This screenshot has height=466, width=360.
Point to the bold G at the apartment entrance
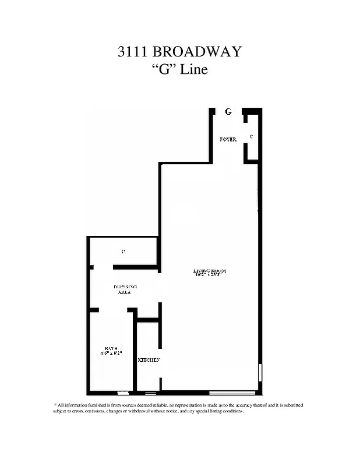coord(228,111)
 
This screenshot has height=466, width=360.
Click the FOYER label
coord(228,140)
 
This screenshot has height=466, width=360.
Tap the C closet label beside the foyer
coord(251,136)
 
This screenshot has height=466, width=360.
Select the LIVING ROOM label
coord(210,271)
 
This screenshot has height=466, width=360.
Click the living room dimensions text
coord(209,276)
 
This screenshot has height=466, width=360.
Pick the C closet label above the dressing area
coord(123,252)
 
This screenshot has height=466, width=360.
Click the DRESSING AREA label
coord(125,290)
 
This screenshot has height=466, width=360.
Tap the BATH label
coord(111,348)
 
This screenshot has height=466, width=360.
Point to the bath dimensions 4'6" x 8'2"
coord(111,354)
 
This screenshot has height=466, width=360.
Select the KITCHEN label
coord(149,360)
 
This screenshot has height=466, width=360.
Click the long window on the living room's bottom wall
coord(232,392)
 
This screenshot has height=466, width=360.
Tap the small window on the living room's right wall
coord(260,373)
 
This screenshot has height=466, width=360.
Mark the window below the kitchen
coord(151,393)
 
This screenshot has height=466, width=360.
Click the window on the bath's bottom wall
coord(123,393)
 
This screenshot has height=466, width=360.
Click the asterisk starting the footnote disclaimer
coord(55,404)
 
